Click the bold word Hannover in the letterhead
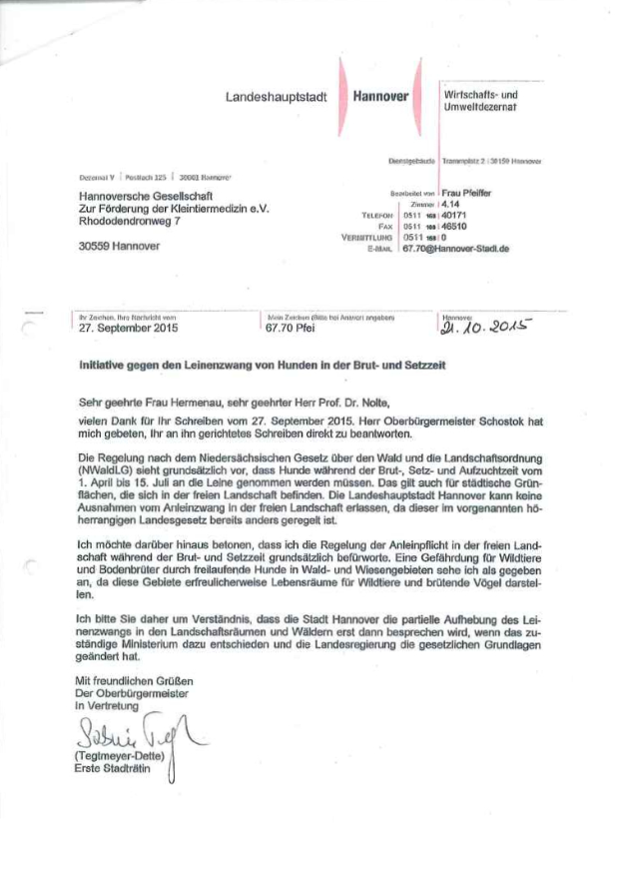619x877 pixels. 381,98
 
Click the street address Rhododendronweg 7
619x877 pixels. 130,221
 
